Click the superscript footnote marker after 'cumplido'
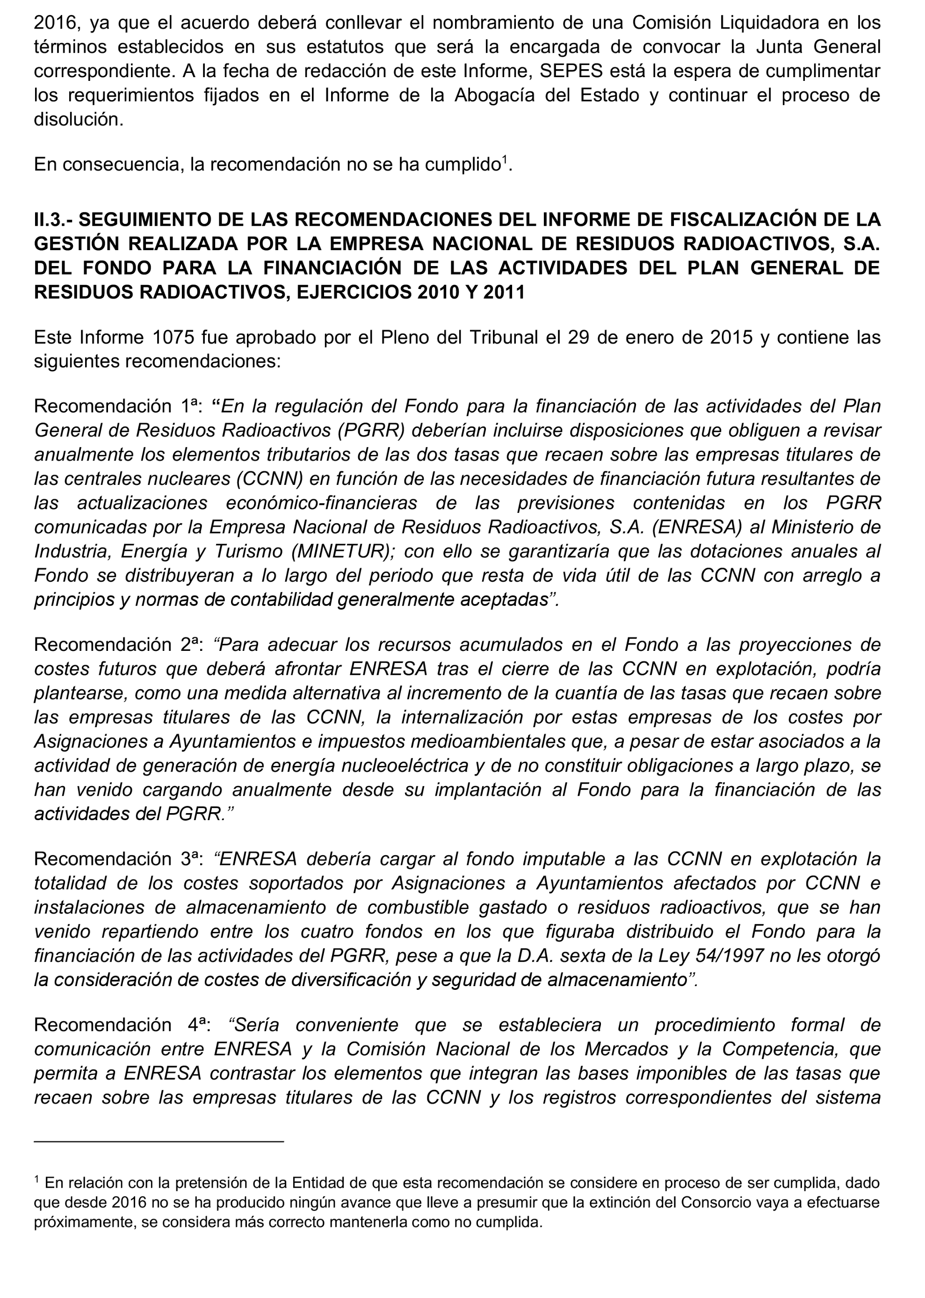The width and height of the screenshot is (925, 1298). (504, 160)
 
